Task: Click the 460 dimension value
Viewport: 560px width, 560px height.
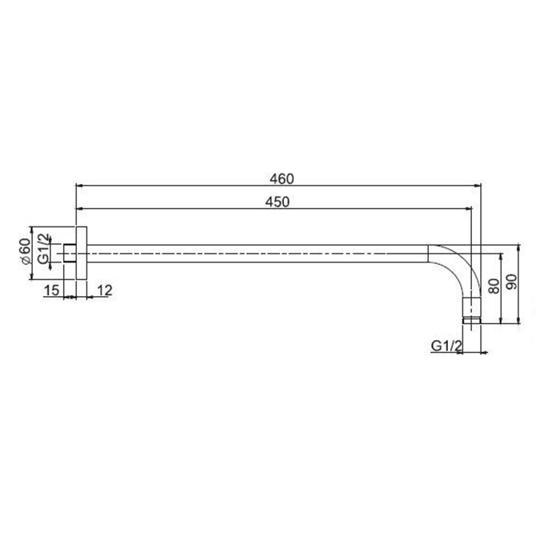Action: pyautogui.click(x=282, y=179)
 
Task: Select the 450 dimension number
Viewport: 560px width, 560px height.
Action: pyautogui.click(x=278, y=202)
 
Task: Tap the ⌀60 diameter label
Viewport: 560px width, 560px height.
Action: pyautogui.click(x=25, y=251)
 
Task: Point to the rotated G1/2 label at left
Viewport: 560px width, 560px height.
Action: pyautogui.click(x=43, y=248)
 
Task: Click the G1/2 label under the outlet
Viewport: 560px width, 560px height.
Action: pyautogui.click(x=446, y=346)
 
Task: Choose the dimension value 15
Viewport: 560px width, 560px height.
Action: pyautogui.click(x=51, y=290)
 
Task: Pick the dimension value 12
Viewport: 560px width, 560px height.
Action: pyautogui.click(x=105, y=290)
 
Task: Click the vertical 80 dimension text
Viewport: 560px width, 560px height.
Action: pyautogui.click(x=494, y=286)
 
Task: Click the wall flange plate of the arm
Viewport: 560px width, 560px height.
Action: pyautogui.click(x=82, y=254)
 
